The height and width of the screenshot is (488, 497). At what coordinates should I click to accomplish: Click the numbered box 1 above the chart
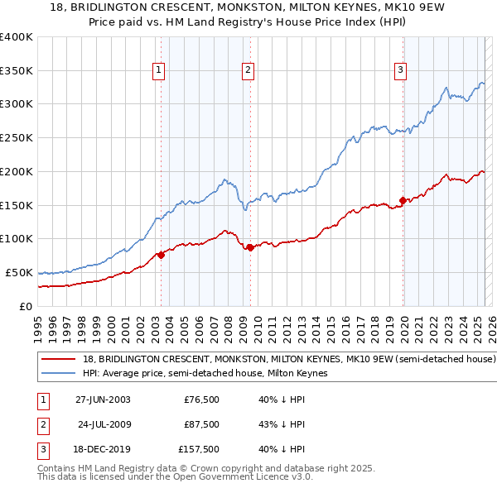158,71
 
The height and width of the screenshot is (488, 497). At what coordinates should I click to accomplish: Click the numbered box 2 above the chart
248,71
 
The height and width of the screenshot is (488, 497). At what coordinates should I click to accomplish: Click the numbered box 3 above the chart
400,71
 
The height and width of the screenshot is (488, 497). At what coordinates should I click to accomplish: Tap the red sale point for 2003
161,255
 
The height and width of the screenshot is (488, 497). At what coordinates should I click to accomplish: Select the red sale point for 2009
250,247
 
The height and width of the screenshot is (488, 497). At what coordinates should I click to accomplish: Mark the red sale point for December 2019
403,200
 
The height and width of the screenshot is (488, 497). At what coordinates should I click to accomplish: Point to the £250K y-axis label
17,138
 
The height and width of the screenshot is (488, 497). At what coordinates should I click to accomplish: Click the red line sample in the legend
58,360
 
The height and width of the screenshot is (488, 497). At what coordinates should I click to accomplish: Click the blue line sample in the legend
58,373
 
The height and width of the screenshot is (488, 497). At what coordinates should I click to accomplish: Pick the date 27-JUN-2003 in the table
103,399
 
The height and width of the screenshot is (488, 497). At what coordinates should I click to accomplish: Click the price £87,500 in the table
201,424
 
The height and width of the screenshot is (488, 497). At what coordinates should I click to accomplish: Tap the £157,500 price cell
200,449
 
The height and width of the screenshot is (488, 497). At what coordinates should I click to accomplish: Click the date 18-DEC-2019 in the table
103,449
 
